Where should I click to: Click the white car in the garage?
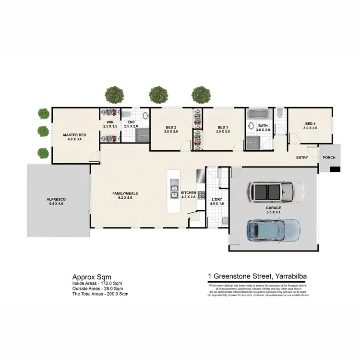(275, 192)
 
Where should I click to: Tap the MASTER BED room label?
(74, 135)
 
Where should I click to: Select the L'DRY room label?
(217, 199)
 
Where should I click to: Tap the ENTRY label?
(302, 157)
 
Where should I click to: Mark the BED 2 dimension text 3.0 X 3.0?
(171, 132)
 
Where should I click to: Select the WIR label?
(109, 122)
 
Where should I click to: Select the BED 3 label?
(223, 127)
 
